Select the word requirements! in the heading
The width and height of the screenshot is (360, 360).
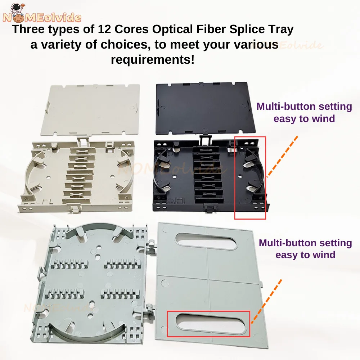point(153,60)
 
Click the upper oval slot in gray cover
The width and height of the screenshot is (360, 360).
point(206,241)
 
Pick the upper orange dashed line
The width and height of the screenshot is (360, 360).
point(282,157)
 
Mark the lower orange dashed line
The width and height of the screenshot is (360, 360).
point(266,302)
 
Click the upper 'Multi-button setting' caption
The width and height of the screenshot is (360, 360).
point(304,107)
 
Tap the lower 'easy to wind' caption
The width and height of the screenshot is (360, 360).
point(305,255)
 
